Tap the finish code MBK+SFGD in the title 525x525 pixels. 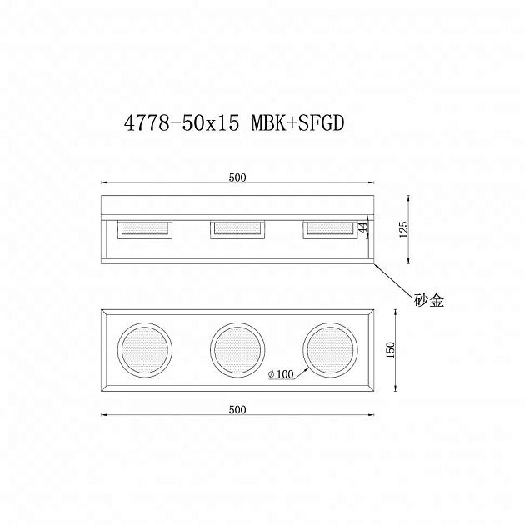pos(297,123)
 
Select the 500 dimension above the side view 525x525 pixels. pos(237,177)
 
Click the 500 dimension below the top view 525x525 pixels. pos(237,409)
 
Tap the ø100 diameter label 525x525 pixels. pos(281,375)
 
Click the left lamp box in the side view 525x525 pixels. pos(146,229)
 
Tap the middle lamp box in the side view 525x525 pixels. pos(237,229)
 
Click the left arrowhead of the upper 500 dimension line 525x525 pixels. pos(105,182)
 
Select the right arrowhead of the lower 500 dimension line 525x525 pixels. pos(371,414)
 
